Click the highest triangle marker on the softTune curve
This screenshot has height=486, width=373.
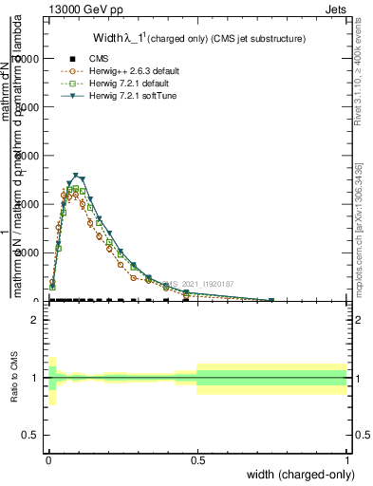tap(76, 176)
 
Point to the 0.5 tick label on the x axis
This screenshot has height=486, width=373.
tap(196, 459)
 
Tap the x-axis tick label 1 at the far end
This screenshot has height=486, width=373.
tap(346, 459)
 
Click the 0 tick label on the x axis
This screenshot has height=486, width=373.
tap(47, 459)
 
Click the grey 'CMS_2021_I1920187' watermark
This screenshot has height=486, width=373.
tap(198, 284)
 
